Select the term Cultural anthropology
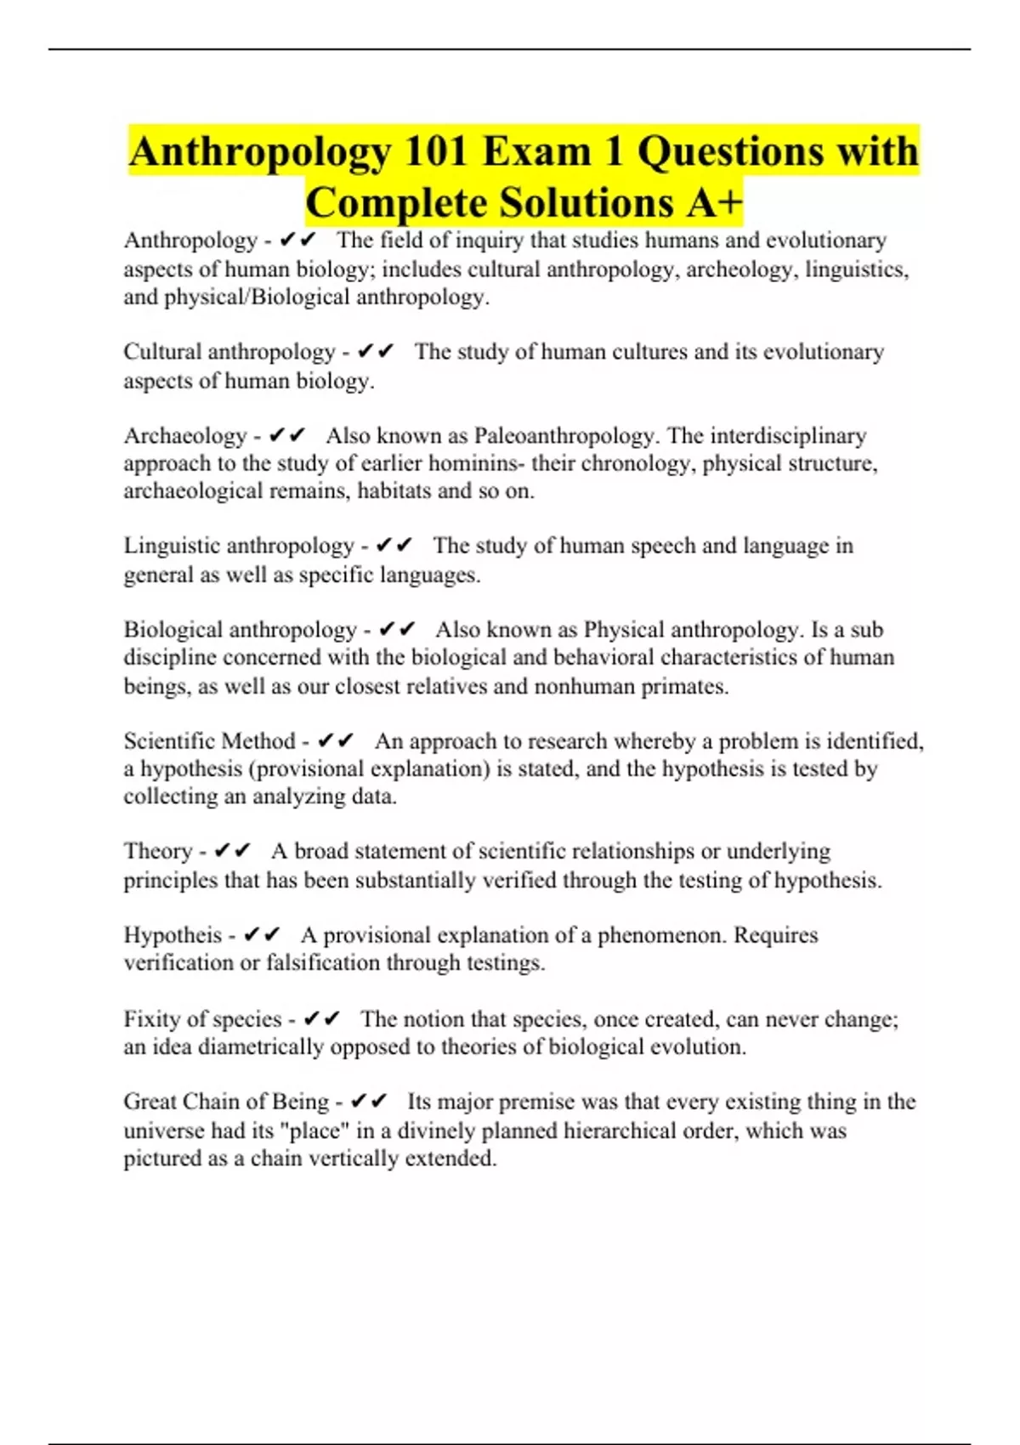click(229, 352)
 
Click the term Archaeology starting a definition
click(184, 436)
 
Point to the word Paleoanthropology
click(564, 436)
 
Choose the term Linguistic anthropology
click(238, 546)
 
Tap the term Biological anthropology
click(240, 630)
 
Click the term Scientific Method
click(209, 741)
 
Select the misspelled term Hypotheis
click(173, 935)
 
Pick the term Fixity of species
click(202, 1018)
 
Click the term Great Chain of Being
click(226, 1102)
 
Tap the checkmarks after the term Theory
click(232, 851)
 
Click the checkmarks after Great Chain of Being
click(368, 1102)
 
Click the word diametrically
click(260, 1046)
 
